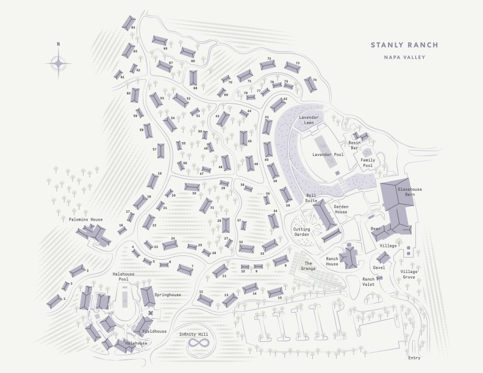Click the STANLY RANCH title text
click(404, 45)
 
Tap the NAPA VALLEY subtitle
click(404, 57)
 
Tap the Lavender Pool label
click(328, 155)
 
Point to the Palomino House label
click(85, 219)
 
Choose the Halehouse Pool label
click(124, 277)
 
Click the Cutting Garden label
click(301, 232)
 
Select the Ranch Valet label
click(368, 282)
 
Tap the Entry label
click(414, 358)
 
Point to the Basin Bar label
click(354, 145)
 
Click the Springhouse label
click(167, 295)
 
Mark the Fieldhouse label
click(154, 332)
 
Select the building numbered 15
click(276, 292)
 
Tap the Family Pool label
click(367, 163)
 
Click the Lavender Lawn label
click(310, 120)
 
